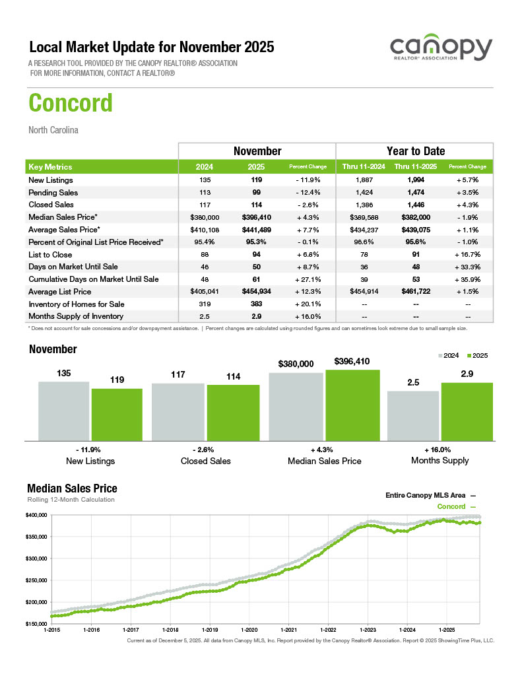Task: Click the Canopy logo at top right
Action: pyautogui.click(x=441, y=50)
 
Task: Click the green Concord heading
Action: pyautogui.click(x=71, y=103)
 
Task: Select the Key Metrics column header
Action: pyautogui.click(x=51, y=167)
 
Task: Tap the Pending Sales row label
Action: pyautogui.click(x=53, y=193)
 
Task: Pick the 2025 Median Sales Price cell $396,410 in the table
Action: pyautogui.click(x=257, y=217)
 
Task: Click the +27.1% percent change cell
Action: pyautogui.click(x=308, y=279)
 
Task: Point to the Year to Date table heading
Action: pyautogui.click(x=415, y=151)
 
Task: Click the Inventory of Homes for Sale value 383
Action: pyautogui.click(x=257, y=304)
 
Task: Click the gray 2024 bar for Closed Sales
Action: pyautogui.click(x=178, y=411)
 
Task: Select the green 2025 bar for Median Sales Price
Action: pyautogui.click(x=352, y=405)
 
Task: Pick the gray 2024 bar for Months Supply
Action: pyautogui.click(x=413, y=415)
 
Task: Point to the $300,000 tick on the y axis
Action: pyautogui.click(x=36, y=558)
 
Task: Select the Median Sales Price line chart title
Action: pyautogui.click(x=72, y=489)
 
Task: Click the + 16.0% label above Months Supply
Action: pyautogui.click(x=440, y=449)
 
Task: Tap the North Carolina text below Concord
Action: pyautogui.click(x=53, y=130)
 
